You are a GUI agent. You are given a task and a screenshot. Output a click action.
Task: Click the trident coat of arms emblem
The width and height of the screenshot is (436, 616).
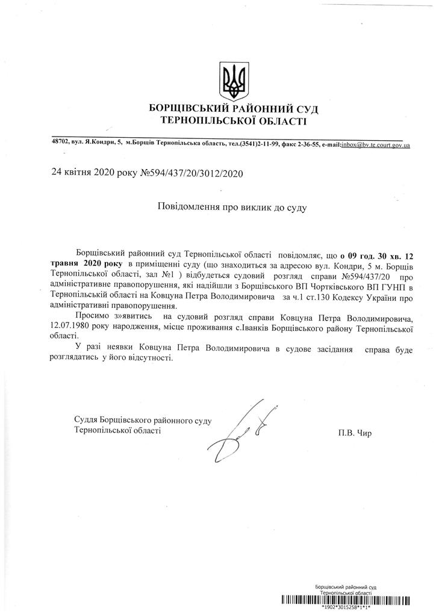click(234, 81)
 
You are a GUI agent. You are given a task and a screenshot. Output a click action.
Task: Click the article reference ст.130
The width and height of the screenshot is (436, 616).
click(325, 298)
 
